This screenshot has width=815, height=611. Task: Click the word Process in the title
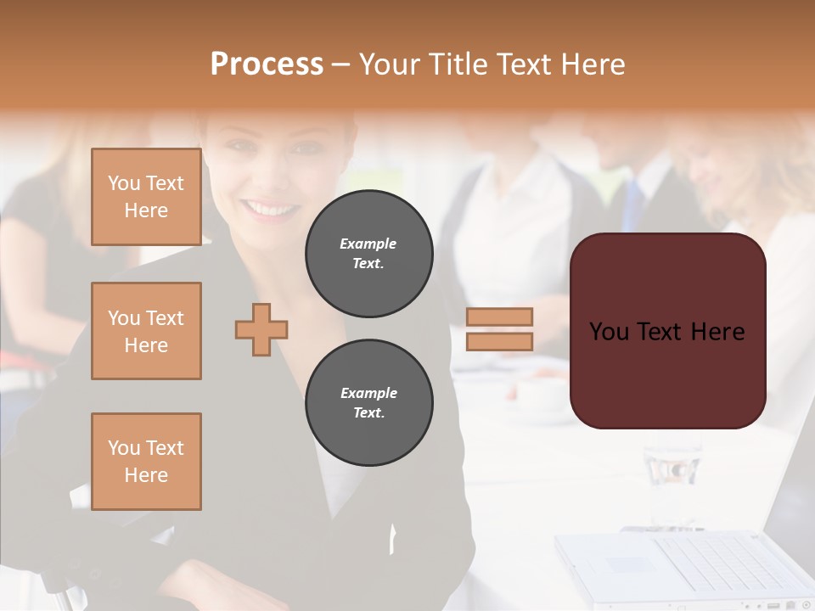click(x=267, y=64)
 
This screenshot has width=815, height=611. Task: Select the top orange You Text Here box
click(x=146, y=197)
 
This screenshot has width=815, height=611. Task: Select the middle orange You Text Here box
click(x=146, y=331)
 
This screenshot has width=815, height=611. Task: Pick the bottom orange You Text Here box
click(x=146, y=462)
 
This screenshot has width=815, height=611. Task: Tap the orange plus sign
click(x=261, y=328)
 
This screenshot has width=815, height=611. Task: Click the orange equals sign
click(x=499, y=329)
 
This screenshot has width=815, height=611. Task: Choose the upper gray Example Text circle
click(x=368, y=254)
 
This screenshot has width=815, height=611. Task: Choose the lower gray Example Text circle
click(x=368, y=403)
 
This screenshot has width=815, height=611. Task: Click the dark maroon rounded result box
click(x=667, y=331)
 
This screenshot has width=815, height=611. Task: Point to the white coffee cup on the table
click(x=540, y=395)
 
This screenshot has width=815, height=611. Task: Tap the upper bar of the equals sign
click(x=499, y=317)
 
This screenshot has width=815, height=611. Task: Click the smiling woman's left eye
click(x=301, y=149)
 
